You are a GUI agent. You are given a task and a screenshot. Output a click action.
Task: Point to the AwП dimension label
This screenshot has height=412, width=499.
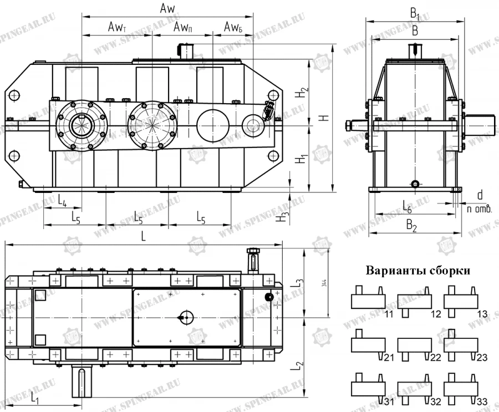pyautogui.click(x=182, y=27)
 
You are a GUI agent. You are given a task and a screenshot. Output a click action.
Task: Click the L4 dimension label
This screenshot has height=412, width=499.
pyautogui.click(x=62, y=202)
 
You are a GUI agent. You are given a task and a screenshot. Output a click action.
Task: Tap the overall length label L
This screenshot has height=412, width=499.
pyautogui.click(x=144, y=236)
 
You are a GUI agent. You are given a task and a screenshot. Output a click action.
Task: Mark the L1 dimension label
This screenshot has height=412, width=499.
pyautogui.click(x=34, y=398)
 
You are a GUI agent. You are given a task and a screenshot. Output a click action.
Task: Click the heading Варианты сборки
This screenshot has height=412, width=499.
pyautogui.click(x=418, y=271)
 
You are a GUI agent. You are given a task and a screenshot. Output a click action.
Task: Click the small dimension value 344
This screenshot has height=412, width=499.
pyautogui.click(x=324, y=284)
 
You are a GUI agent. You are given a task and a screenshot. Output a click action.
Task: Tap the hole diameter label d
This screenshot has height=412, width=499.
pyautogui.click(x=480, y=195)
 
